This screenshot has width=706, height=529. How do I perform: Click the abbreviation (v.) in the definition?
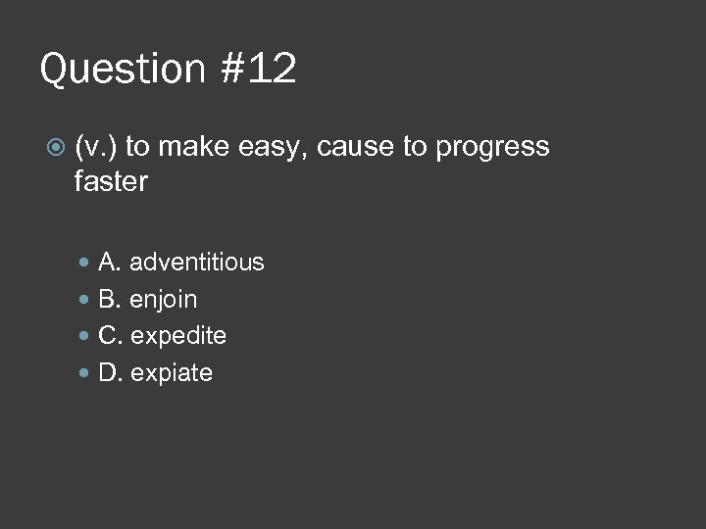(95, 147)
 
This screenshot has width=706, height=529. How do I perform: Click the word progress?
(492, 148)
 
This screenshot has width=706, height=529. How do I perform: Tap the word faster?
(111, 181)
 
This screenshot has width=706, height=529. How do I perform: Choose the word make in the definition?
(191, 147)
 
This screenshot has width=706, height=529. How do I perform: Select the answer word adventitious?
(197, 263)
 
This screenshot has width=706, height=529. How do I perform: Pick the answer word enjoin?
(164, 300)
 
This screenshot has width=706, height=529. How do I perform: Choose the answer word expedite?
(178, 336)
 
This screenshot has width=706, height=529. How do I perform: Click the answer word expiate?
(172, 373)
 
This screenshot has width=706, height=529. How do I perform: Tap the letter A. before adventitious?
(110, 263)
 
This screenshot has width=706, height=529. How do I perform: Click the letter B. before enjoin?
(110, 299)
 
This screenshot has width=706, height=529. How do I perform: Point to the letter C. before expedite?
(111, 336)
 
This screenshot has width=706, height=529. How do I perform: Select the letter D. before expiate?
(111, 373)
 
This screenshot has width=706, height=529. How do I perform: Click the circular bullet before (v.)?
(55, 148)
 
